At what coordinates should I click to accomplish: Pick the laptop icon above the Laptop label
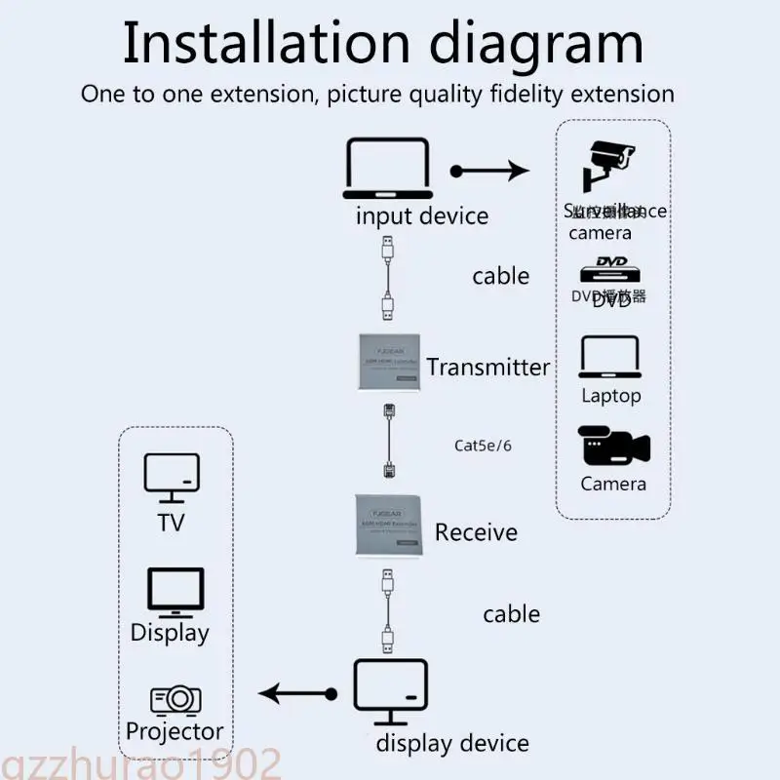click(x=610, y=358)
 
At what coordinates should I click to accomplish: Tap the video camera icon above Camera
click(x=612, y=447)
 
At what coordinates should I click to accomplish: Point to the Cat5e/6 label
click(x=483, y=446)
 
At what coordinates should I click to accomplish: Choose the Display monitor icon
click(x=175, y=591)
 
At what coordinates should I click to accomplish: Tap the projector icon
click(x=175, y=699)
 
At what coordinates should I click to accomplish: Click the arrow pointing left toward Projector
click(x=298, y=694)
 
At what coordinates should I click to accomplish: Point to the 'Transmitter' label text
click(x=488, y=368)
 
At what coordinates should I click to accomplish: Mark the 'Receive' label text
click(x=476, y=532)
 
